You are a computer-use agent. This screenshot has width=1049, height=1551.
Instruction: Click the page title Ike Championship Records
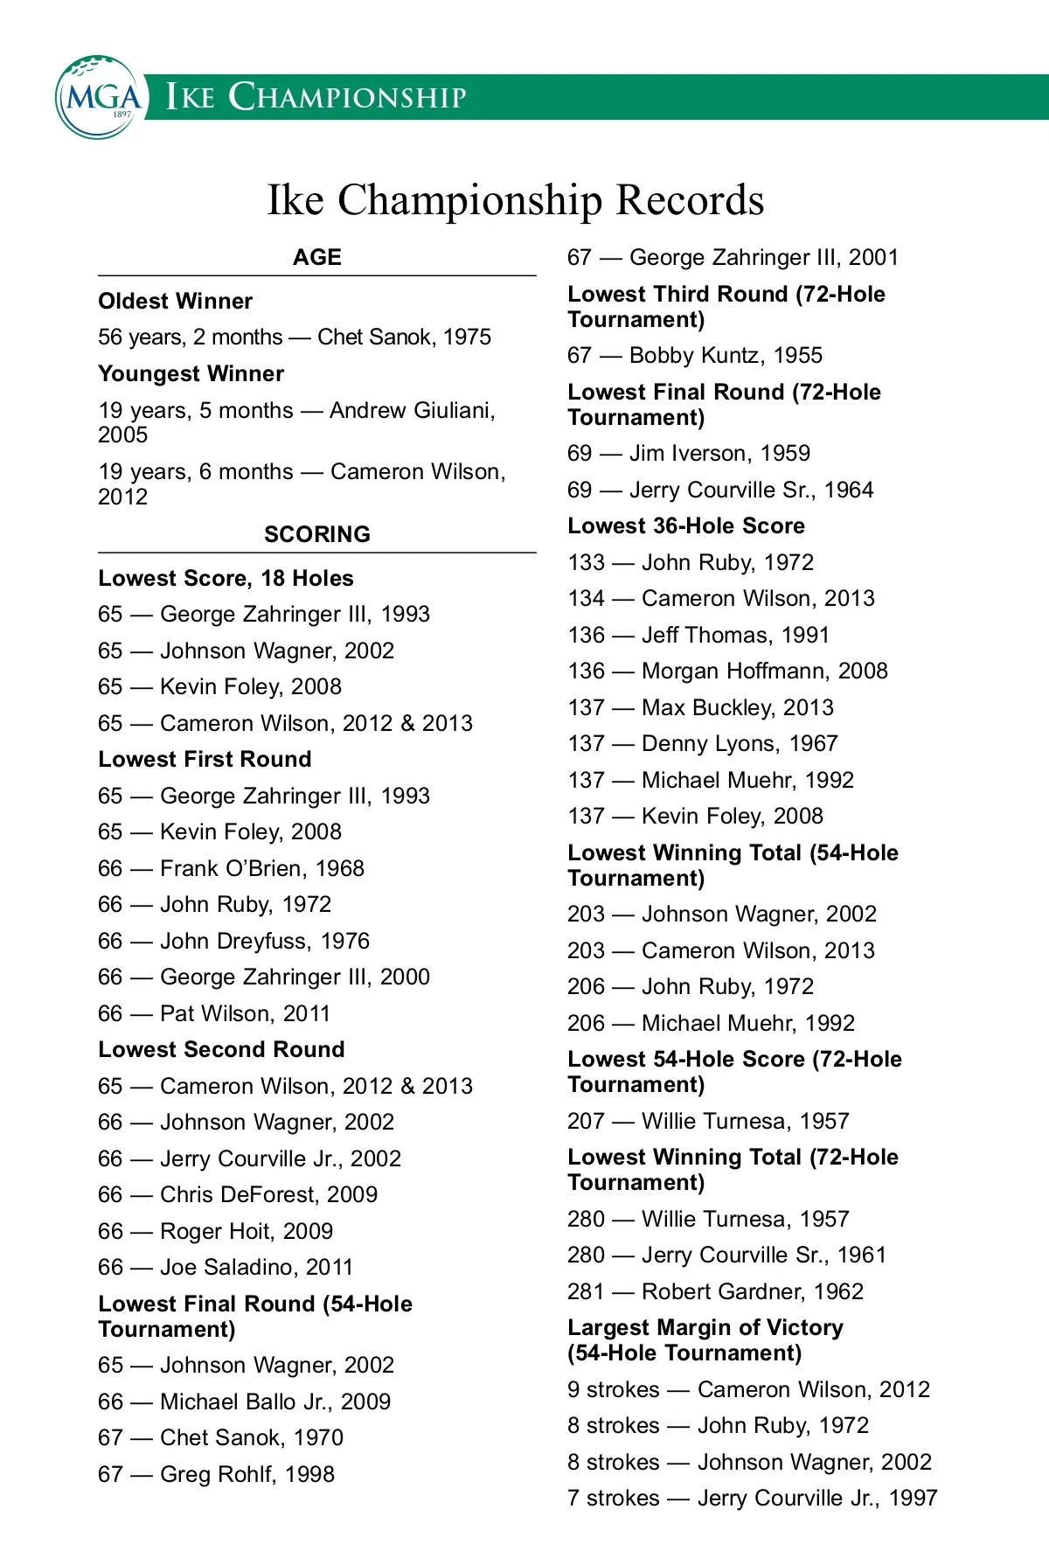coord(515,200)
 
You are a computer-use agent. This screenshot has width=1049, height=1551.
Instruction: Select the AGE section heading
coord(317,257)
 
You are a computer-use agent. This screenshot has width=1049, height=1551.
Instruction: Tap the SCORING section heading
coord(317,534)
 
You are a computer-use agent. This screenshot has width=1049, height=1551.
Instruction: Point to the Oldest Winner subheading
coord(176,302)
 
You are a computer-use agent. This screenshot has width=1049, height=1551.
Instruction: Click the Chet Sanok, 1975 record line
coord(295,337)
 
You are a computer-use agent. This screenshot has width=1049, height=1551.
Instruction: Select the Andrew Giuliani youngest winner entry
coord(297,421)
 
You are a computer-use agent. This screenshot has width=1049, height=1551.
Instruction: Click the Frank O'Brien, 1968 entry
coord(231,868)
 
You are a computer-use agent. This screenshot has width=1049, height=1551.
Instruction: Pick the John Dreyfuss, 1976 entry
coord(233,941)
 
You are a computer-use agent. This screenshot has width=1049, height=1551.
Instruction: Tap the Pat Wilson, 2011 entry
coord(214,1013)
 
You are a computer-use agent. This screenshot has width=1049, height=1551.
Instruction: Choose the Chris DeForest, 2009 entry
coord(238,1194)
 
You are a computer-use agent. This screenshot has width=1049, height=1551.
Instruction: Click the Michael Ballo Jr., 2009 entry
coord(244,1401)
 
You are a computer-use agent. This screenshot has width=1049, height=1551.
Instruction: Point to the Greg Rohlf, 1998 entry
coord(216,1474)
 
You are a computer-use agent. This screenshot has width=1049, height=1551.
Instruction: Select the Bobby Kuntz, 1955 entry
coord(695,355)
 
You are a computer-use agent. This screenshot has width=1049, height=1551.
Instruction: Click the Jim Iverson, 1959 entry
coord(689,453)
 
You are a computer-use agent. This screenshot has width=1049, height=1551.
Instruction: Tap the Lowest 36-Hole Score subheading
coord(686,525)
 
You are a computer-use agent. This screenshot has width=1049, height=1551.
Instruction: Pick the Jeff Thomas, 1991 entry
coord(698,635)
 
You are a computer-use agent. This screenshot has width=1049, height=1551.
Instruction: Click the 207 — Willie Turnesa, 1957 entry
coord(708,1121)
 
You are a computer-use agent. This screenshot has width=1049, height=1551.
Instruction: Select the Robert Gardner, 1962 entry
coord(715,1291)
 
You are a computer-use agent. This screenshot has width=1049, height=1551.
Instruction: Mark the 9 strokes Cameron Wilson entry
coord(748,1389)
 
